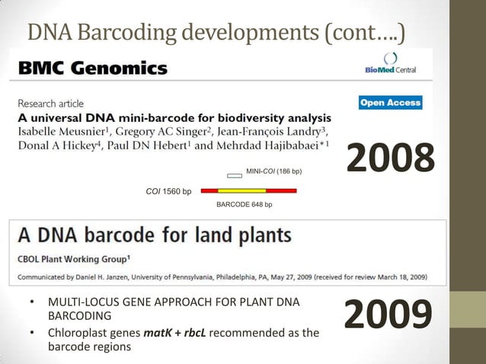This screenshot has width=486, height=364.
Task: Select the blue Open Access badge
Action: coord(390,103)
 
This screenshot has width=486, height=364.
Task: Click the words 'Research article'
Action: coord(51,104)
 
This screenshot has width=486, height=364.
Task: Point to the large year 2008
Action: coord(391,158)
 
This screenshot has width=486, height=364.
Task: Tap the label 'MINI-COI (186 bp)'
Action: coord(274,171)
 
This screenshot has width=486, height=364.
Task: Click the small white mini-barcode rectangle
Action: coord(235,175)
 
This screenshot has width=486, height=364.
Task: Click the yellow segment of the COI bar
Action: coord(242,190)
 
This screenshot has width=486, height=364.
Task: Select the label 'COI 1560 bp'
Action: coord(168,191)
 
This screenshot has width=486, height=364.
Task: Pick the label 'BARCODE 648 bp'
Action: coord(244,205)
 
